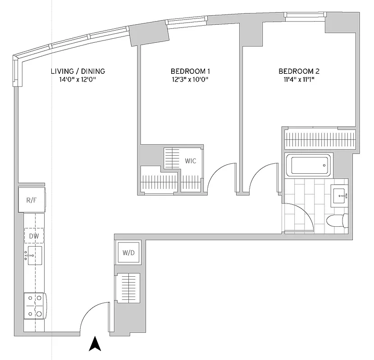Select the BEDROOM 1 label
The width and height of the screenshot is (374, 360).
[x=190, y=71]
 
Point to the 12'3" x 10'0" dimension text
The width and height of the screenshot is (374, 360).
[x=190, y=80]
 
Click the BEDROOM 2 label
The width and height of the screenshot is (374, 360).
[x=299, y=71]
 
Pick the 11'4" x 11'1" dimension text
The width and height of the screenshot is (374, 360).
[x=299, y=80]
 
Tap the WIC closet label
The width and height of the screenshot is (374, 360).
[x=191, y=161]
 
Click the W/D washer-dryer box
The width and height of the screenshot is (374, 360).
[x=128, y=252]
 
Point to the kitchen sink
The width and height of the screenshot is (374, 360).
[x=35, y=256]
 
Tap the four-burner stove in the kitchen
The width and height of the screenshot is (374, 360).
[x=35, y=306]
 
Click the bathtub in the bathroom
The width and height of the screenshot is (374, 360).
[x=308, y=165]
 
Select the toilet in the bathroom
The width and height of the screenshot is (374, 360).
[x=337, y=221]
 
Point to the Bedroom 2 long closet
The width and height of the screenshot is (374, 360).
[x=320, y=139]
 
